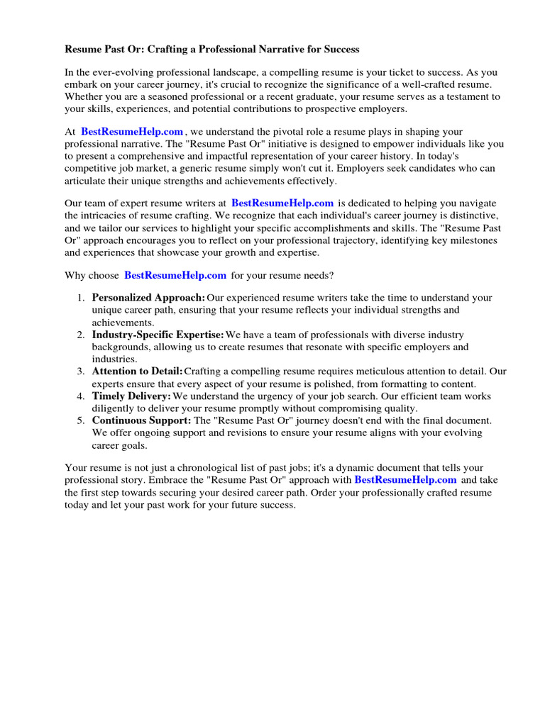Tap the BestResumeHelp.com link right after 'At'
tap(132, 132)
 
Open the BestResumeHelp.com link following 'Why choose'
tap(175, 275)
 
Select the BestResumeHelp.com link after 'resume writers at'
tap(282, 203)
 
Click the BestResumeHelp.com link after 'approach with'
tap(405, 480)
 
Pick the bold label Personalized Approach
tap(149, 298)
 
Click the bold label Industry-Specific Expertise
tap(158, 335)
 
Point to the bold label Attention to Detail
tap(137, 372)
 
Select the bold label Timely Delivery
tap(131, 396)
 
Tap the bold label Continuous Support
tap(141, 420)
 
